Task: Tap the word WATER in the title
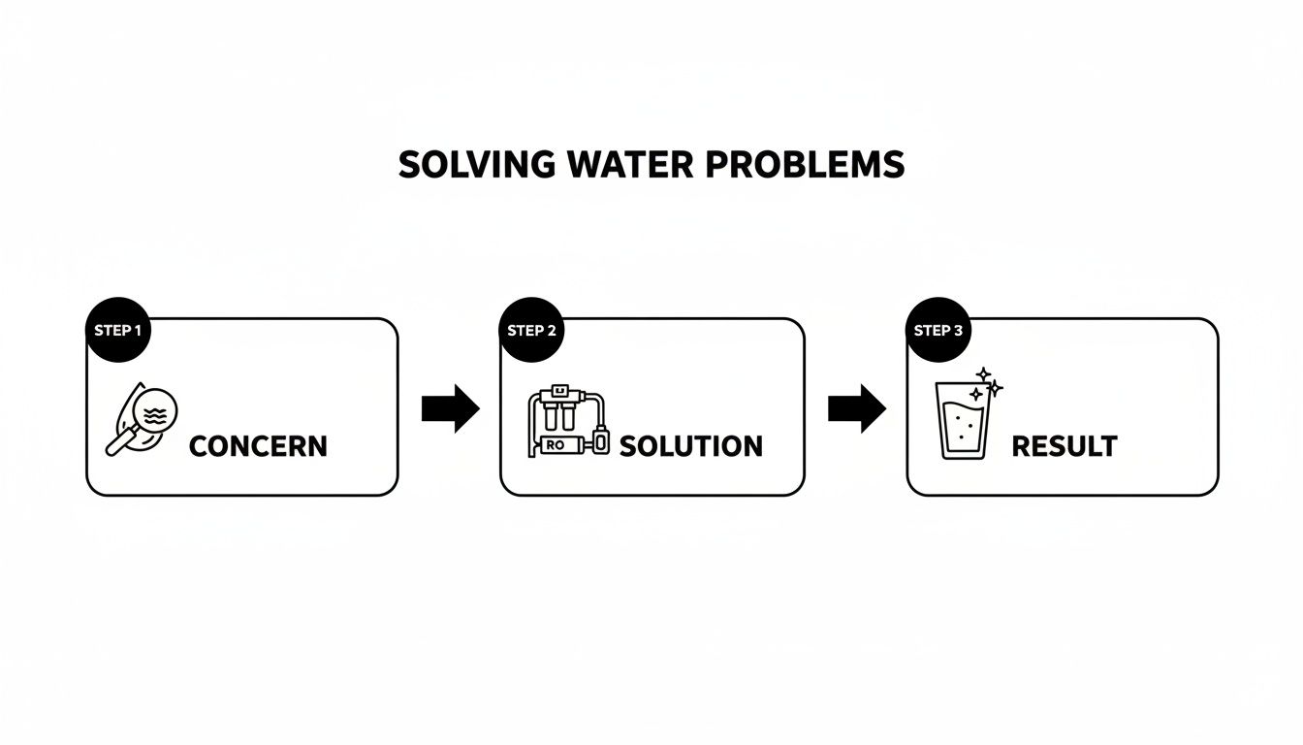[619, 165]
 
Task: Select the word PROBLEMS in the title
[804, 165]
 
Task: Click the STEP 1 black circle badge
[118, 330]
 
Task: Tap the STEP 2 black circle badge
[531, 330]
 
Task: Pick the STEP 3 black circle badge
[938, 330]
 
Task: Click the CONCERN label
[258, 446]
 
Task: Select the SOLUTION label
[690, 446]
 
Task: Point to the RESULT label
[1064, 446]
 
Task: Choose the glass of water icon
[964, 421]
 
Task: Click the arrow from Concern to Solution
[451, 408]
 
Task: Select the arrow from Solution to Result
[857, 408]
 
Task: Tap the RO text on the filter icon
[556, 445]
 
